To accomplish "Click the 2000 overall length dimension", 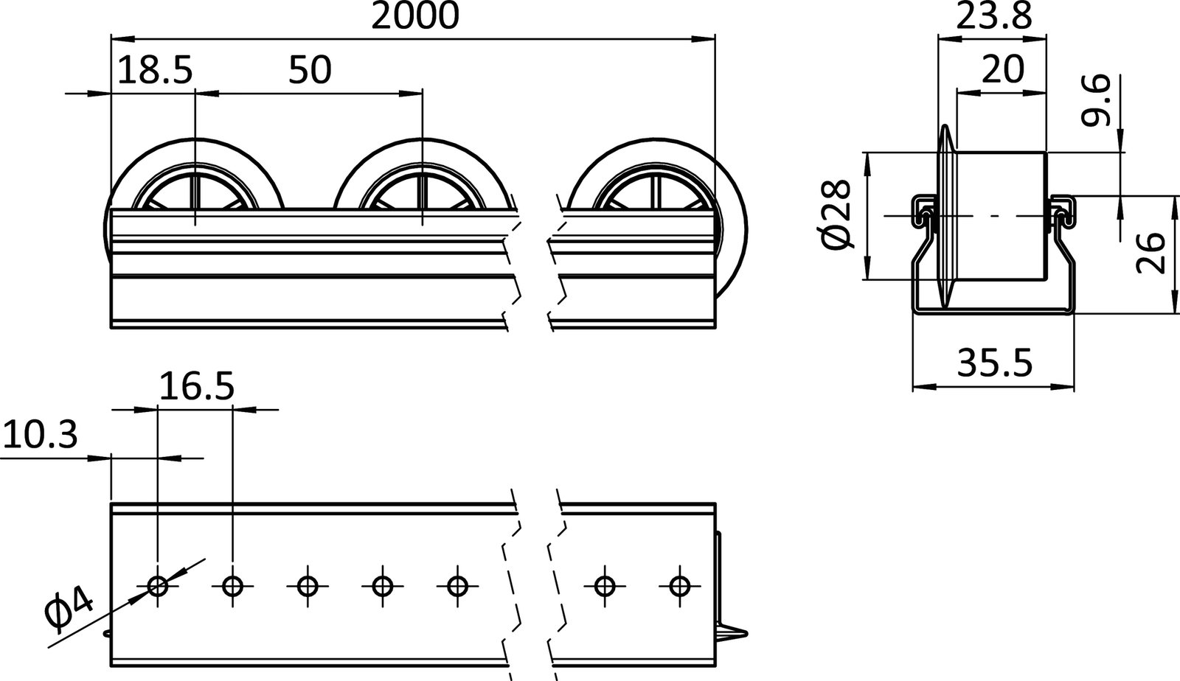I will click(x=414, y=16).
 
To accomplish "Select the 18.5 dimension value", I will click(x=155, y=71).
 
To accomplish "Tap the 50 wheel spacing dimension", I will click(x=310, y=71).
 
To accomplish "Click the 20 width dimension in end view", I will click(x=1003, y=70).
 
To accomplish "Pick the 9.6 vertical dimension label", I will click(x=1097, y=105).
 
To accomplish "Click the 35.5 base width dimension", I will click(x=995, y=363).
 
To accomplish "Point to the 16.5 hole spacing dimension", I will click(x=196, y=386).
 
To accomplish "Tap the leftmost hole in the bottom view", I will click(x=158, y=587).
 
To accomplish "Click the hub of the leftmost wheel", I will click(x=195, y=198).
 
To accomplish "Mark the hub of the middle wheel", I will click(x=423, y=198).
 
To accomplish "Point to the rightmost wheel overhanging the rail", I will click(x=730, y=221).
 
